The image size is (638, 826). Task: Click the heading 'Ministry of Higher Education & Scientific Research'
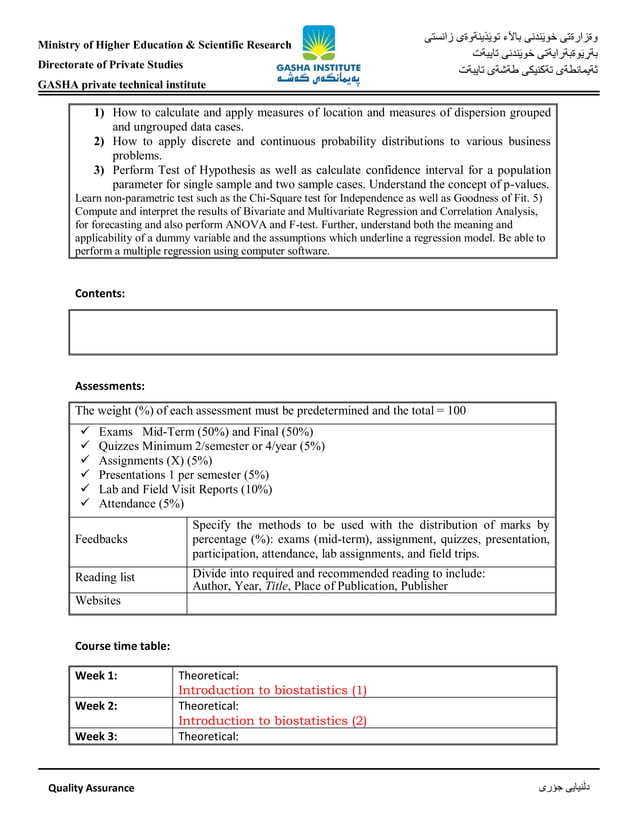164,45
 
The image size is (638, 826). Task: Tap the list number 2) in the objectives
100,142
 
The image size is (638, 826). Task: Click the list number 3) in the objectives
100,171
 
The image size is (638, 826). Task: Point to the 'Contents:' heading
101,293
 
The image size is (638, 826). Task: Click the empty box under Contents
312,333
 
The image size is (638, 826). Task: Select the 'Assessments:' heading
110,385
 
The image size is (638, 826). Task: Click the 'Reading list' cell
105,578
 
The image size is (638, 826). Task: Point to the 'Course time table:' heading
123,646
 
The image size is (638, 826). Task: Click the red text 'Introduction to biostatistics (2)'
272,720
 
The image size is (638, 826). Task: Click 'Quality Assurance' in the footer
91,788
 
